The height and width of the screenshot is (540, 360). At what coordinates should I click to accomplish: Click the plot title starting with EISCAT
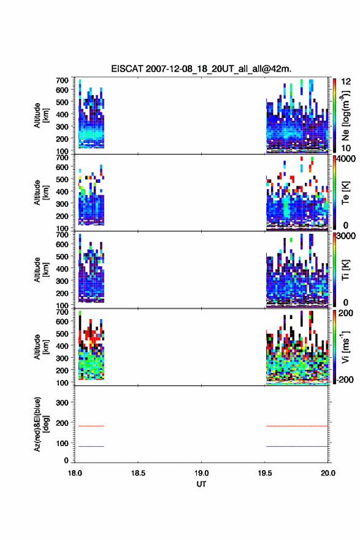pos(201,69)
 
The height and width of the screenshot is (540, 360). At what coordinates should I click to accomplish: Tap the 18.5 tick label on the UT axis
pos(138,473)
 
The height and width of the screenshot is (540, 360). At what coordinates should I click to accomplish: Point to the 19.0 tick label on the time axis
pos(201,473)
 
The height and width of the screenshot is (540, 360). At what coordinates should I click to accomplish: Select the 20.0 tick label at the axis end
pos(328,473)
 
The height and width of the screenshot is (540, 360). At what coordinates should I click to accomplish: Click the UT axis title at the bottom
pos(201,484)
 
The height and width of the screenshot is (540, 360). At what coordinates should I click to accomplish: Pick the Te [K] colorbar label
pos(345,193)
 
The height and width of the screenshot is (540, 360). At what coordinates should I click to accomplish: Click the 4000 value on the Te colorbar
pos(346,159)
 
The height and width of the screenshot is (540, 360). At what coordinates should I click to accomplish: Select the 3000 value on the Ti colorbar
pos(346,236)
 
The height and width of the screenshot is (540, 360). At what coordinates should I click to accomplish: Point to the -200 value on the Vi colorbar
pos(345,379)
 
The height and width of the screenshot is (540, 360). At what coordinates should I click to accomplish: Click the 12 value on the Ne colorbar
pos(346,82)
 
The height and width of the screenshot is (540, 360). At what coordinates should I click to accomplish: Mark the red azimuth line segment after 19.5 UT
pos(297,426)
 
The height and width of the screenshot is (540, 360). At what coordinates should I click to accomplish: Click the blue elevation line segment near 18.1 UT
pos(91,446)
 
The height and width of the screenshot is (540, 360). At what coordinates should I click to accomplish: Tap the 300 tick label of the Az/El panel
pos(62,403)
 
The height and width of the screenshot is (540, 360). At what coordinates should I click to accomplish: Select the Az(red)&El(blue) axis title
pos(41,424)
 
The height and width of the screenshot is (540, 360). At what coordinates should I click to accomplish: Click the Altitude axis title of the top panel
pos(41,115)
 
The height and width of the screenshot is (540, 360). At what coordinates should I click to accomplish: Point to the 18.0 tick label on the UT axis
pos(75,473)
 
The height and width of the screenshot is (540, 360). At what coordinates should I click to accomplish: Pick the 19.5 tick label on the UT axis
pos(265,473)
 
